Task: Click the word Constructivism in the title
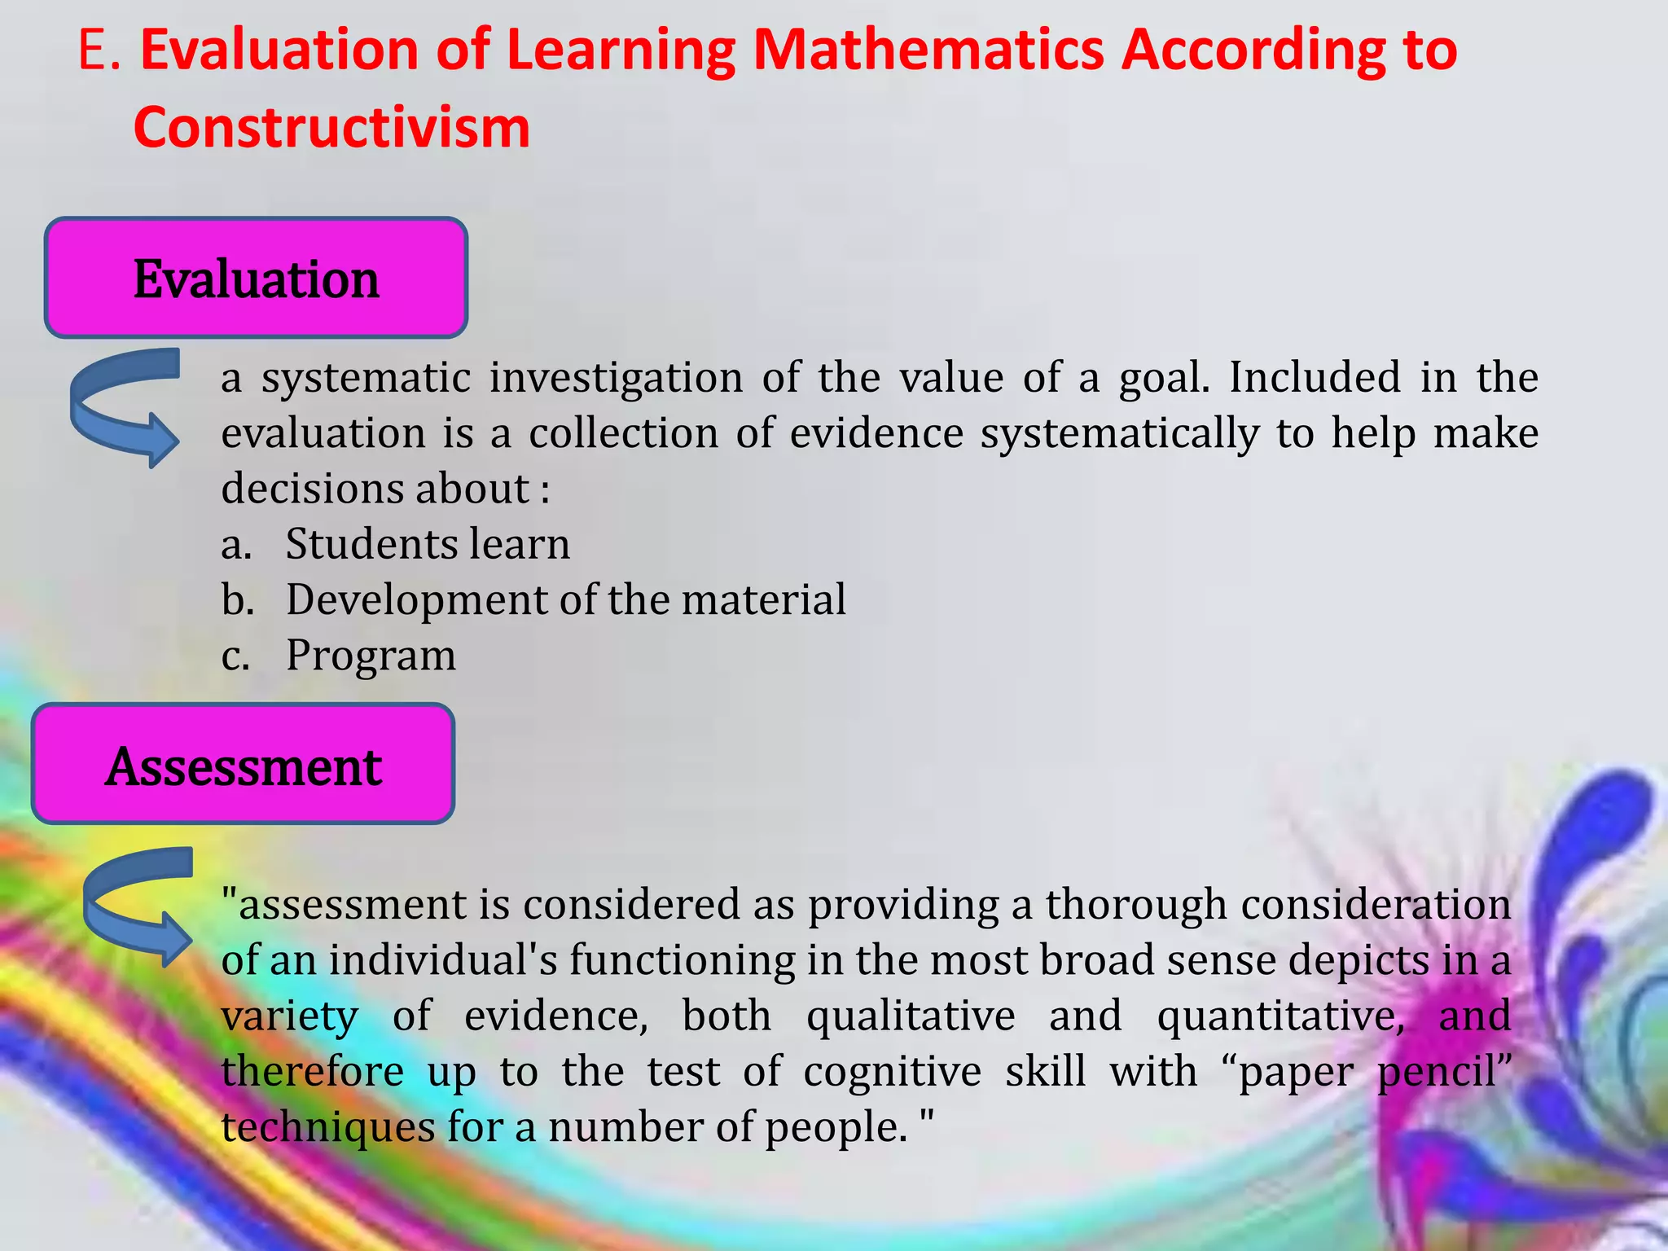331,128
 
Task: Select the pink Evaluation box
256,279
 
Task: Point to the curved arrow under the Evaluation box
125,407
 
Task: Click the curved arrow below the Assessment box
138,906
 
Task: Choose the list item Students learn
427,544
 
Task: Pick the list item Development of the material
565,599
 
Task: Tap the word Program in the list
371,655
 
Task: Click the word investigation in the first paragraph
616,378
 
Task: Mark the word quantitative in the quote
1280,1016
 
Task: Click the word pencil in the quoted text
1443,1071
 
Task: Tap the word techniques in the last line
328,1127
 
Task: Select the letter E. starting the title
99,50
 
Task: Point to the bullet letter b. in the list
237,599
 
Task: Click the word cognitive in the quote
892,1071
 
